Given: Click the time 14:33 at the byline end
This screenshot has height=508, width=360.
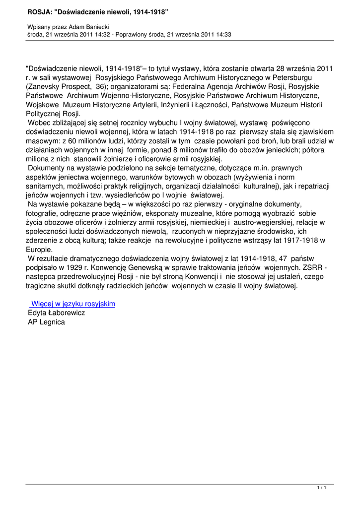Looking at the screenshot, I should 223,35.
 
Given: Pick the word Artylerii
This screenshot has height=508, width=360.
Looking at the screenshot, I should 137,105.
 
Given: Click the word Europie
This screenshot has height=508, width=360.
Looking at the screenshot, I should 39,250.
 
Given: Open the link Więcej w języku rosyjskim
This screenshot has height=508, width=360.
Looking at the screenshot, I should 72,304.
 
